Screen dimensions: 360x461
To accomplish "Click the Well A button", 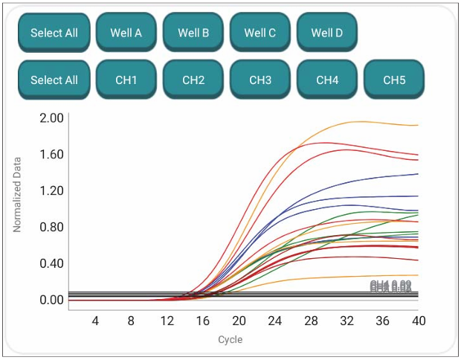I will tap(126, 33).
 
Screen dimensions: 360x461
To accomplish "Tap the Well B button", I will tap(193, 33).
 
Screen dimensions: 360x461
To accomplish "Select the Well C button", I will tap(259, 33).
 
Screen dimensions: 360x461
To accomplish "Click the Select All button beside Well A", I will tap(54, 33).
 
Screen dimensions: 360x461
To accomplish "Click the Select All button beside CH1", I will tap(54, 80).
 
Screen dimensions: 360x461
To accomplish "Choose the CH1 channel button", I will tap(126, 80).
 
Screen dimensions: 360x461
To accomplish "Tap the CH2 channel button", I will tap(193, 80).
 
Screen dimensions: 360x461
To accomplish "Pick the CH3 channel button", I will tap(259, 80).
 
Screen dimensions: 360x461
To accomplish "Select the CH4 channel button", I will tap(326, 80).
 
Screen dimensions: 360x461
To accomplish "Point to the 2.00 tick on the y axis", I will tap(52, 118).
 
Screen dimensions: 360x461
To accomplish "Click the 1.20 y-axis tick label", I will tap(52, 191).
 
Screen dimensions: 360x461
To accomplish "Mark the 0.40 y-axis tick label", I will tap(52, 263).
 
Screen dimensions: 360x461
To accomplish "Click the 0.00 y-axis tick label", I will tap(52, 300).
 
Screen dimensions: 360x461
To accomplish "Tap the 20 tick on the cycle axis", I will tap(239, 321).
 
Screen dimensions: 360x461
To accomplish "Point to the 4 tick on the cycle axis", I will tap(95, 321).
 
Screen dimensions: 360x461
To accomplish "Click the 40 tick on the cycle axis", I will tap(419, 321).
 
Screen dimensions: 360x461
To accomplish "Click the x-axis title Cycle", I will tap(230, 340).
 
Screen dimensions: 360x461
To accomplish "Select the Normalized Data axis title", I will tap(18, 193).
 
